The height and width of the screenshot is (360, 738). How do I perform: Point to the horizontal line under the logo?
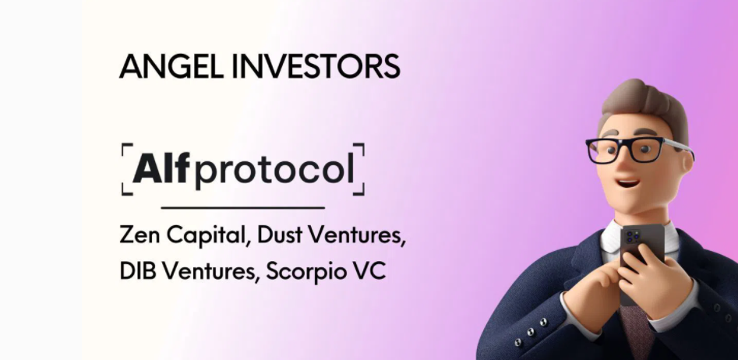tap(242, 208)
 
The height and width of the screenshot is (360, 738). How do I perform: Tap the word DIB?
tap(139, 273)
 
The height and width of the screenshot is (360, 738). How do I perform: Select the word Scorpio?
tap(309, 274)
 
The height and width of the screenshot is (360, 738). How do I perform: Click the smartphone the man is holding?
tap(641, 257)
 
